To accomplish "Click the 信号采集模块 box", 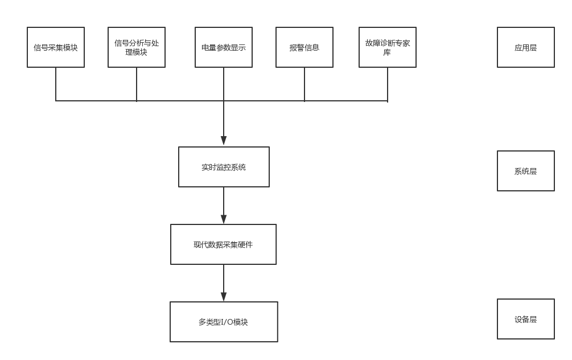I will point(56,47).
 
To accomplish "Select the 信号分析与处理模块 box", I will point(137,47).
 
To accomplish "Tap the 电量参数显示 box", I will point(224,47).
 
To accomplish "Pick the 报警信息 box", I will point(304,47).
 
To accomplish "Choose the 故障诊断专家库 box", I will point(388,47).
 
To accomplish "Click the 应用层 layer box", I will point(525,47).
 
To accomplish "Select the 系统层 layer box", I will point(525,171).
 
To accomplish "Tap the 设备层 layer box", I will point(525,319).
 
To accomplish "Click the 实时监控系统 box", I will point(224,167).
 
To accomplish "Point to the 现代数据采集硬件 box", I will point(224,244).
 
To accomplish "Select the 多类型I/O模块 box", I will point(224,322).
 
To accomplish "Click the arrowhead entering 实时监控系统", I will point(224,141).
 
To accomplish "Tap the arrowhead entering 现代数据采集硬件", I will point(224,219).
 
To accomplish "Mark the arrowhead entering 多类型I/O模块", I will point(224,296).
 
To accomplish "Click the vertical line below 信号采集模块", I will point(56,84).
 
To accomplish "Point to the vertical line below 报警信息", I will point(304,84).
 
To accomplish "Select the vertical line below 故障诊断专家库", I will point(388,84).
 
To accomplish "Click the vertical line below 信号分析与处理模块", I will point(137,84).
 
